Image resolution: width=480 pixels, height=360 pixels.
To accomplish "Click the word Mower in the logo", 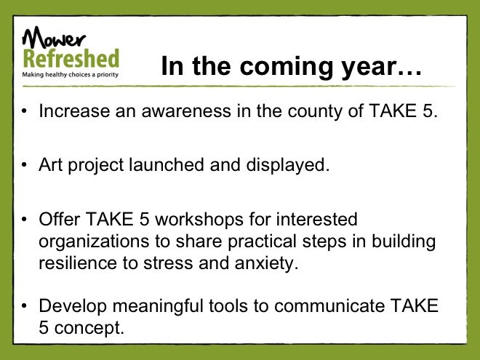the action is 53,37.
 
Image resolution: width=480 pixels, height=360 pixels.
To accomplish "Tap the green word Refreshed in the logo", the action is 71,58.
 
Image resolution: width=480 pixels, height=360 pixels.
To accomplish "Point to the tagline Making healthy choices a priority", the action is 70,75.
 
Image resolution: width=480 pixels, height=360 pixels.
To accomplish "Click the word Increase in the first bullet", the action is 74,111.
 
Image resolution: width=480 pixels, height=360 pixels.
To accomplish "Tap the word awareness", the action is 186,111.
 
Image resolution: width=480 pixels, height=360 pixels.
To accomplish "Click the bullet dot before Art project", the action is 25,165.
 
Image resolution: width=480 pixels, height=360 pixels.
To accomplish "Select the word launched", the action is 167,164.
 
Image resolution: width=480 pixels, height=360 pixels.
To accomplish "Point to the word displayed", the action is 288,166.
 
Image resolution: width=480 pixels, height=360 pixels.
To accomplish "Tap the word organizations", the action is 94,242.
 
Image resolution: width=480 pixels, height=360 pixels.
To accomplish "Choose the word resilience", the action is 78,263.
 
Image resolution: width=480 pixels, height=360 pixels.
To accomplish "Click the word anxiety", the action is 266,264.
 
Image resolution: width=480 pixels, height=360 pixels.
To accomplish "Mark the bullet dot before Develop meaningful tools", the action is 25,305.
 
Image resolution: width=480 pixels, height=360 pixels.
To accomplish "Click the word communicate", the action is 329,305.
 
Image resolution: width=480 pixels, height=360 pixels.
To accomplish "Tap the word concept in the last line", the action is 89,328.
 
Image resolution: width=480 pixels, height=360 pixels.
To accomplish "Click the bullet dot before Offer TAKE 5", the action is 25,220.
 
